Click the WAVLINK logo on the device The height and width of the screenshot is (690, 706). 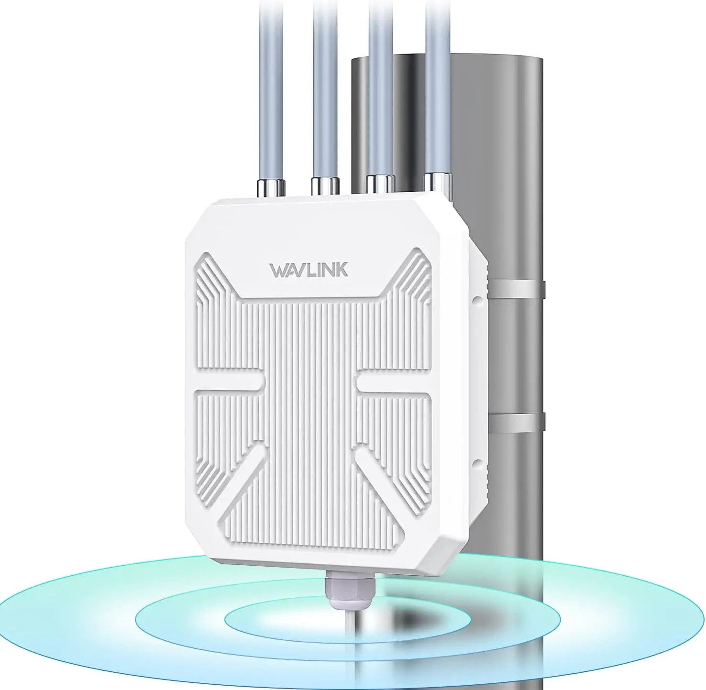(x=309, y=270)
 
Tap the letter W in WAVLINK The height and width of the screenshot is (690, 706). (x=278, y=271)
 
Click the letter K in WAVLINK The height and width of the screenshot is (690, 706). (x=342, y=270)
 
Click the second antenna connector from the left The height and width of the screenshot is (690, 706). (x=325, y=185)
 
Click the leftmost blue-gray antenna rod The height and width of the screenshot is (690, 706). (x=271, y=86)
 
